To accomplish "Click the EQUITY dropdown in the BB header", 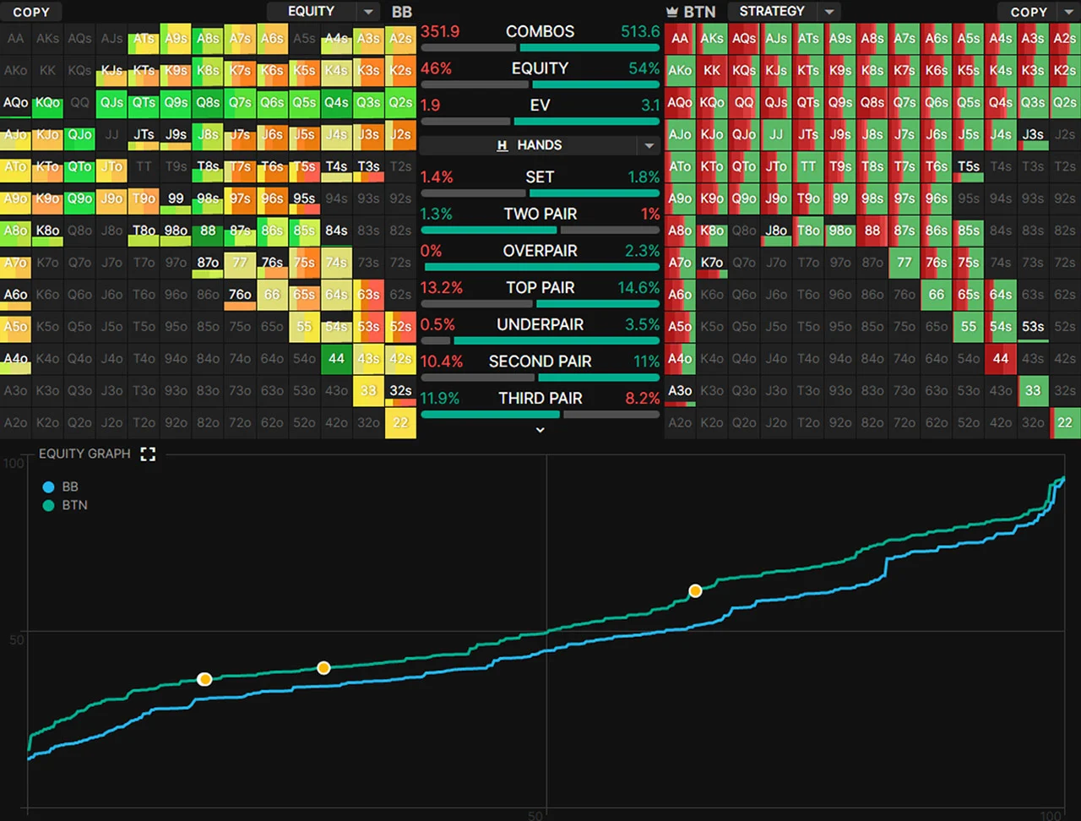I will click(321, 11).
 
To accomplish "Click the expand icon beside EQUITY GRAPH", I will click(148, 454).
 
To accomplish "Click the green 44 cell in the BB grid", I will click(336, 358).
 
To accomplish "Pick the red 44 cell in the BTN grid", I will click(1001, 358).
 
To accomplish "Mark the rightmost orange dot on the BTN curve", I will click(695, 591).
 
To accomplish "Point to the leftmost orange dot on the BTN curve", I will click(204, 679).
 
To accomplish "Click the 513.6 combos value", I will click(639, 31).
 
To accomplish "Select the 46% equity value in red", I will click(436, 68).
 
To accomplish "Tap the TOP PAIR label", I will click(540, 288).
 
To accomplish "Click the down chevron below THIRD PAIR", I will click(540, 430).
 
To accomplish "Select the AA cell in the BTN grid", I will click(680, 38).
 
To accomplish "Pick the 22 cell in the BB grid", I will click(400, 422).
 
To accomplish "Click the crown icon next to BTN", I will click(672, 12).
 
